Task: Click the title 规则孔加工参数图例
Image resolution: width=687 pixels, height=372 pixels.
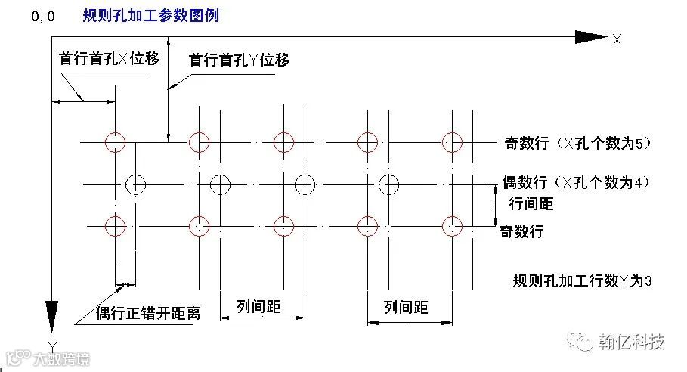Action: [x=151, y=15]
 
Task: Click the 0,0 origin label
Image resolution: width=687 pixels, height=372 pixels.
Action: [x=43, y=17]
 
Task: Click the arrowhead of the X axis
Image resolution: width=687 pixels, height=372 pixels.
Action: [x=590, y=36]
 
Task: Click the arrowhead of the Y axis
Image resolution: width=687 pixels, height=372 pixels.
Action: [x=52, y=313]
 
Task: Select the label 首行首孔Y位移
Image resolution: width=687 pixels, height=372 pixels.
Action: [x=239, y=60]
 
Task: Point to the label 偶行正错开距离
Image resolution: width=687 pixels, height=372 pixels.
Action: [x=148, y=313]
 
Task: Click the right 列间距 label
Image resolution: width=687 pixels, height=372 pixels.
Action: [x=406, y=307]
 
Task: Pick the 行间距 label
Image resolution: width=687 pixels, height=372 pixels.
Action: [x=531, y=203]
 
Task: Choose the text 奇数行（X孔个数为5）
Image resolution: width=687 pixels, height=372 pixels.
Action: [x=575, y=143]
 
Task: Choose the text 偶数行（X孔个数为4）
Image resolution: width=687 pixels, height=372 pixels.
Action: [x=576, y=182]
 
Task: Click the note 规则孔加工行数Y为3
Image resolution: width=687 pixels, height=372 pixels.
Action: [x=581, y=281]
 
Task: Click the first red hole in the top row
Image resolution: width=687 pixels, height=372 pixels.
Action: [x=115, y=141]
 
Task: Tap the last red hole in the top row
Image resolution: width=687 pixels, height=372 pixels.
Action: [x=452, y=141]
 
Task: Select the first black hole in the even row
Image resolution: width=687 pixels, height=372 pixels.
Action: [x=135, y=183]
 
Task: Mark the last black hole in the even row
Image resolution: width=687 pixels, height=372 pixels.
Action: [x=388, y=183]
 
